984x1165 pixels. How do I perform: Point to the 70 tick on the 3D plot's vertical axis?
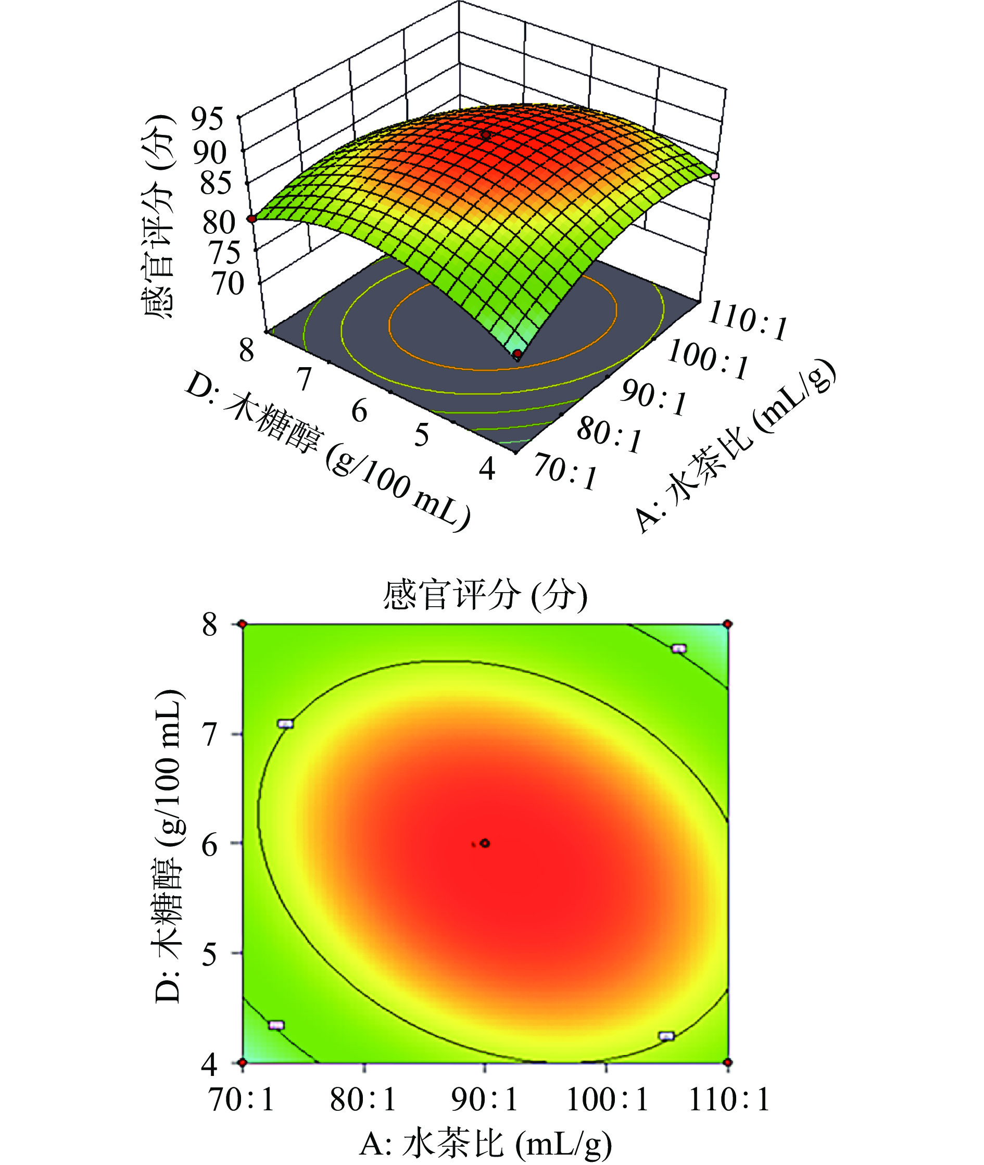227,283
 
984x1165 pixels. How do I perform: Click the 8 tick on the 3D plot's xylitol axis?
246,350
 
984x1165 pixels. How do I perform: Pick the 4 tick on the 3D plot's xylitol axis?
487,469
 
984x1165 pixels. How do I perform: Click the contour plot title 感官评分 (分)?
485,595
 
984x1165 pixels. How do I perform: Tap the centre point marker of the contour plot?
485,843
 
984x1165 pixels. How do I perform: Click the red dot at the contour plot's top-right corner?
727,624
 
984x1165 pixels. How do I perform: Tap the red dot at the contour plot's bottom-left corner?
243,1063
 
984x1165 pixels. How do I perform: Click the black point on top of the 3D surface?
486,135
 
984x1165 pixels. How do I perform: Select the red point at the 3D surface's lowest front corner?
518,353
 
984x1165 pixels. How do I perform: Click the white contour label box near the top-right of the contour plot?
679,648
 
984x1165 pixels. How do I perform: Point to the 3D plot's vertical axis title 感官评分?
158,218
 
